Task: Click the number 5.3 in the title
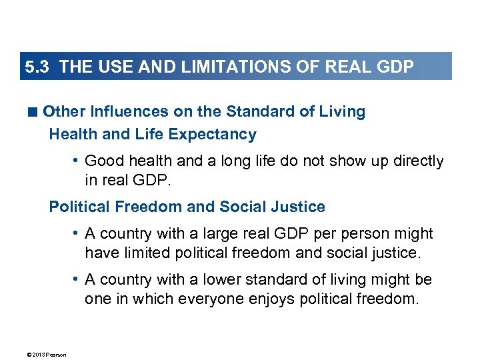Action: coord(37,67)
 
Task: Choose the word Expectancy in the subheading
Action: coord(213,134)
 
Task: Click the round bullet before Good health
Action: coord(78,161)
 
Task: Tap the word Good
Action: coord(103,161)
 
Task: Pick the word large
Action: coord(195,234)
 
